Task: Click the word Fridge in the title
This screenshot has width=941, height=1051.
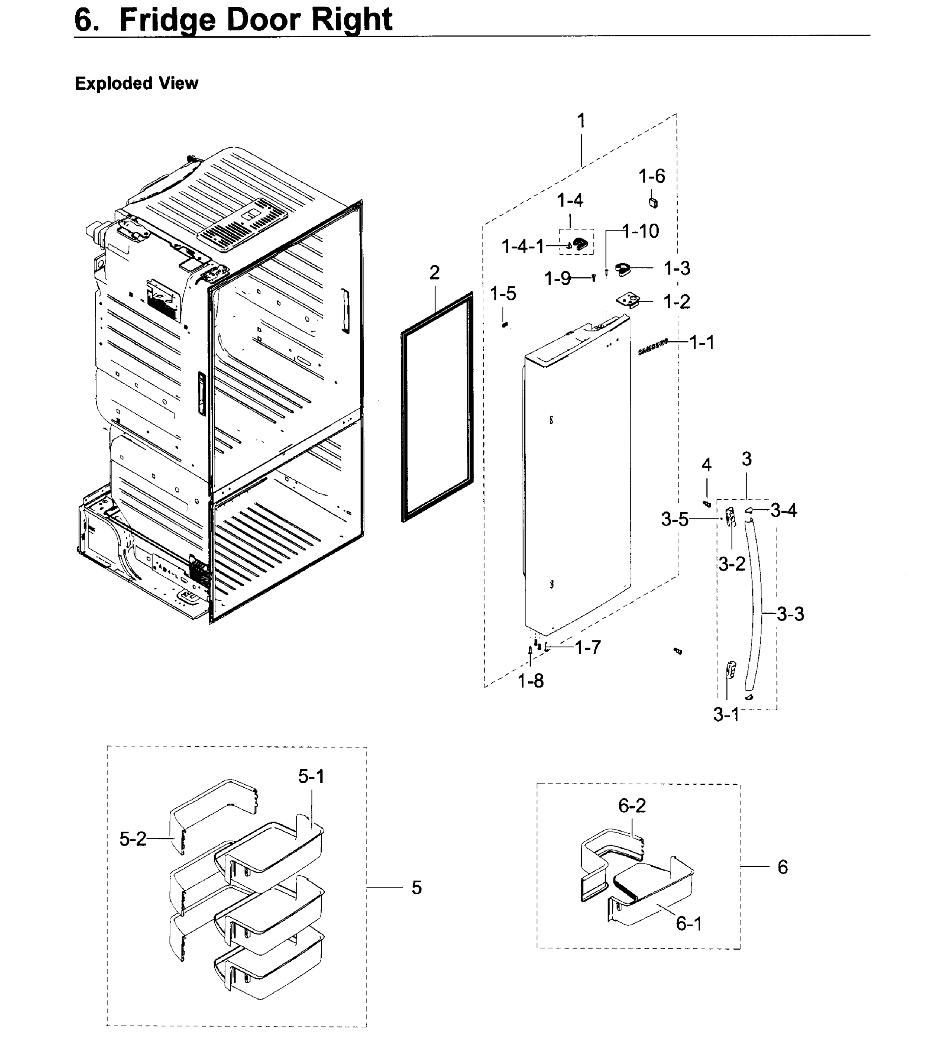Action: pyautogui.click(x=168, y=20)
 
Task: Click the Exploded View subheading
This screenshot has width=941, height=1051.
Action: pyautogui.click(x=137, y=83)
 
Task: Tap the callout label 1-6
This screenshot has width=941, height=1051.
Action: pyautogui.click(x=651, y=176)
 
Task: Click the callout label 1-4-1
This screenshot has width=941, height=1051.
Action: pyautogui.click(x=523, y=247)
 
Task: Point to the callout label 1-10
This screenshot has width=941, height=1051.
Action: pyautogui.click(x=641, y=231)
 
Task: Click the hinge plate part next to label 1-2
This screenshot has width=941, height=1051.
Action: pyautogui.click(x=629, y=300)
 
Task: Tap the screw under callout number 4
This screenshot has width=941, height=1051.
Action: pyautogui.click(x=707, y=503)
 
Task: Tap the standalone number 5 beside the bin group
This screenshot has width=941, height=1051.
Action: pyautogui.click(x=417, y=888)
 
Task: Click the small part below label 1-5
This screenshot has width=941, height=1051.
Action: pyautogui.click(x=505, y=324)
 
